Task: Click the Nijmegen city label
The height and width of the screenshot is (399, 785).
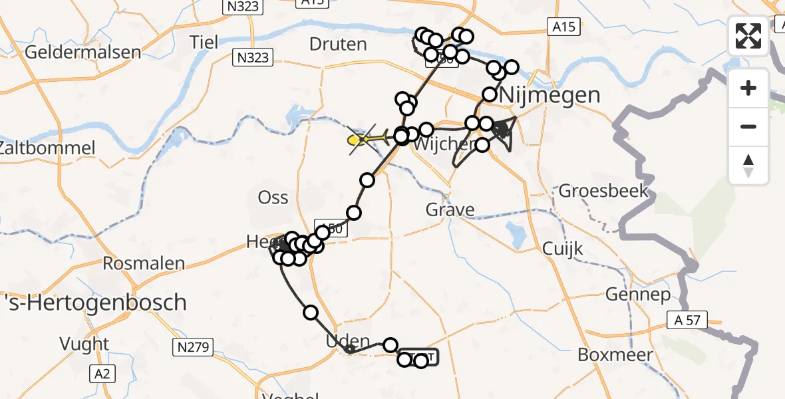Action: (549, 94)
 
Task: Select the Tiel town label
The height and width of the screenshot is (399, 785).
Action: (204, 42)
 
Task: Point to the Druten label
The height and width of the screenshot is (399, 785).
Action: (338, 45)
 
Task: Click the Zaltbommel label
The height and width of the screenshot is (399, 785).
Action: (47, 148)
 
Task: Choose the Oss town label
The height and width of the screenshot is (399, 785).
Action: (273, 198)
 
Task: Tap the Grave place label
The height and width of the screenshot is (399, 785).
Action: (451, 210)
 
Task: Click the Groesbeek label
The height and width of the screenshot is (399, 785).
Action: (603, 192)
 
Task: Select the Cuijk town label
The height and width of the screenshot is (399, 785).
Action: (562, 249)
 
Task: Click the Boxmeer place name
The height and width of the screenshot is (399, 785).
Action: (615, 355)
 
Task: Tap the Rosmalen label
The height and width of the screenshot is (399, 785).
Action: (144, 263)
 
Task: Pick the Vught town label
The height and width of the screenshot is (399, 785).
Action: (84, 344)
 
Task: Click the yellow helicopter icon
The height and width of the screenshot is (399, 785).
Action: (365, 139)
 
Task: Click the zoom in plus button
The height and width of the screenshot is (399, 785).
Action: (748, 88)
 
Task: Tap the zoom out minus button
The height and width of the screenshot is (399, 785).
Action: (748, 126)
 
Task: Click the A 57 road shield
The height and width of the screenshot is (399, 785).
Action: (688, 321)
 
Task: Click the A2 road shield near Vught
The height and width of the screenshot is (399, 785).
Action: (102, 374)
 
